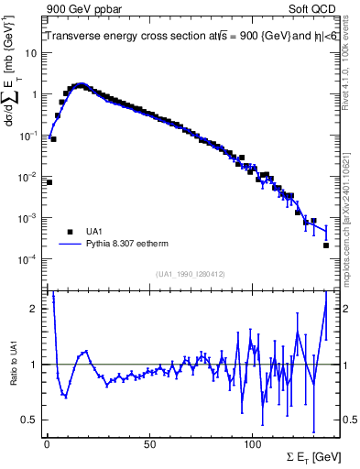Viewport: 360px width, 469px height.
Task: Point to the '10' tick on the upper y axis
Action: coord(30,53)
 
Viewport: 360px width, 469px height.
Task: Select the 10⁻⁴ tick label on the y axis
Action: coord(27,259)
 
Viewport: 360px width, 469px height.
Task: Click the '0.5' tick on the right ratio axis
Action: coord(349,420)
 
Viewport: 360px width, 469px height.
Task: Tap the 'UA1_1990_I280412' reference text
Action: coord(191,273)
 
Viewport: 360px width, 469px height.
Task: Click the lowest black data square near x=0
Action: coord(49,182)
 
